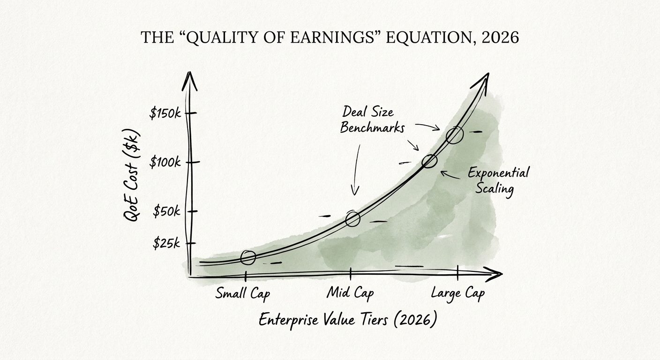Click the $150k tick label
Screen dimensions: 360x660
(x=165, y=113)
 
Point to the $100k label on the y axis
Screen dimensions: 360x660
(x=165, y=163)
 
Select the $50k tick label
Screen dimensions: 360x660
(x=166, y=211)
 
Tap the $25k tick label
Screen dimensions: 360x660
(x=166, y=244)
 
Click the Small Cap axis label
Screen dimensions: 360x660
(x=243, y=294)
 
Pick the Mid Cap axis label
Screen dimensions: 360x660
(x=350, y=294)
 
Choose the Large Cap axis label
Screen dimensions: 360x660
(x=457, y=294)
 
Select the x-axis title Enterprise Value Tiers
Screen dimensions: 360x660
(x=348, y=320)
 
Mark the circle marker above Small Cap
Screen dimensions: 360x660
(x=248, y=257)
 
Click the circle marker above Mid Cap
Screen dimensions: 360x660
(x=352, y=218)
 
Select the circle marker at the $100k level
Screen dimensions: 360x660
(x=429, y=161)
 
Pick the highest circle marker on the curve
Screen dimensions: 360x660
(x=455, y=135)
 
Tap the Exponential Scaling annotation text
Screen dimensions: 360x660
(x=498, y=180)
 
